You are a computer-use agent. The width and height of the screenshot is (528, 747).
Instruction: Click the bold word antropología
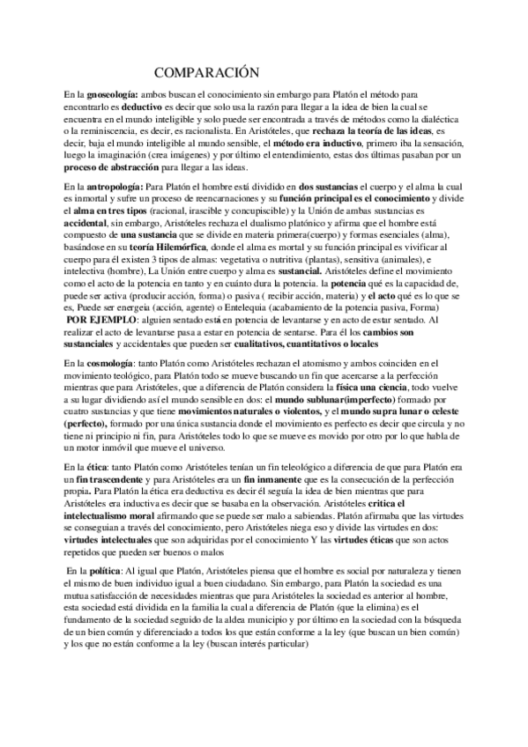[x=110, y=187]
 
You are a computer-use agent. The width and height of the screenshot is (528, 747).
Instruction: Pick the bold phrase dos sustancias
[x=330, y=187]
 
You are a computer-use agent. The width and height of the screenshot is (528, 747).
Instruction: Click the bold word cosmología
[x=106, y=363]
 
